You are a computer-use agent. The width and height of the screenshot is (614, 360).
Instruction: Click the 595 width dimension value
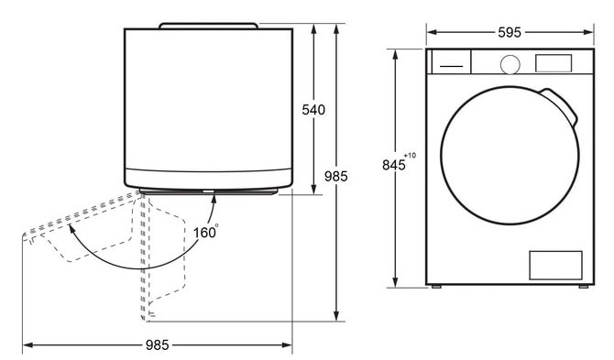tap(510, 32)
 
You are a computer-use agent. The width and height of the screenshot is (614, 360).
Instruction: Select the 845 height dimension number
tap(393, 165)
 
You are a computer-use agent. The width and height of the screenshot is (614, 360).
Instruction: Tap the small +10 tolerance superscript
tap(411, 156)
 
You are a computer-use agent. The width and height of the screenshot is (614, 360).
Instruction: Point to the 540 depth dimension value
tap(313, 110)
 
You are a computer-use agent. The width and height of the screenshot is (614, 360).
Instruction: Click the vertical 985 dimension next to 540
tap(336, 177)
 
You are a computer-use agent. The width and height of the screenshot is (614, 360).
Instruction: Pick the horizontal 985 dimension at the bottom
tap(157, 344)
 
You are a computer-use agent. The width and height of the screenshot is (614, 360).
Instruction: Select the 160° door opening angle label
tap(205, 232)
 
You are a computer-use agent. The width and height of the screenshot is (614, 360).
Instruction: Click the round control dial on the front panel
tap(510, 64)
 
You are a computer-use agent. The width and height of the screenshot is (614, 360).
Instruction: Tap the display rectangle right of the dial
tap(554, 63)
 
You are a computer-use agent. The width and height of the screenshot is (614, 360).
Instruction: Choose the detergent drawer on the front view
tap(451, 61)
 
